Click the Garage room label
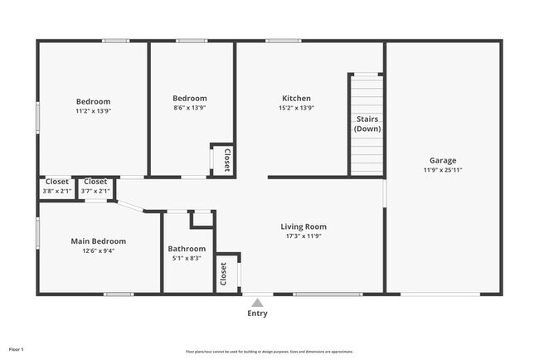click(x=442, y=160)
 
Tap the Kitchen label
click(x=296, y=98)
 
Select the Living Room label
click(x=303, y=226)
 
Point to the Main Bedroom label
click(x=98, y=241)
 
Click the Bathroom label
click(x=187, y=249)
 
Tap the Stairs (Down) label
click(x=367, y=124)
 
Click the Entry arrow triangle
click(x=258, y=303)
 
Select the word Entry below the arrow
click(x=258, y=314)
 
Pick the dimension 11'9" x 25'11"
click(x=442, y=170)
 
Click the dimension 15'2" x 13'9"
click(x=296, y=108)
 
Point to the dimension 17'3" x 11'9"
click(x=303, y=236)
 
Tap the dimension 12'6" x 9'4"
click(x=98, y=251)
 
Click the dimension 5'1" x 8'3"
click(x=187, y=259)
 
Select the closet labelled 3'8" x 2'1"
click(x=57, y=186)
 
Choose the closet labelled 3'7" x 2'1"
click(x=95, y=186)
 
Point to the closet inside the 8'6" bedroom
click(x=226, y=159)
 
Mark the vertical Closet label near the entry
click(x=224, y=274)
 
